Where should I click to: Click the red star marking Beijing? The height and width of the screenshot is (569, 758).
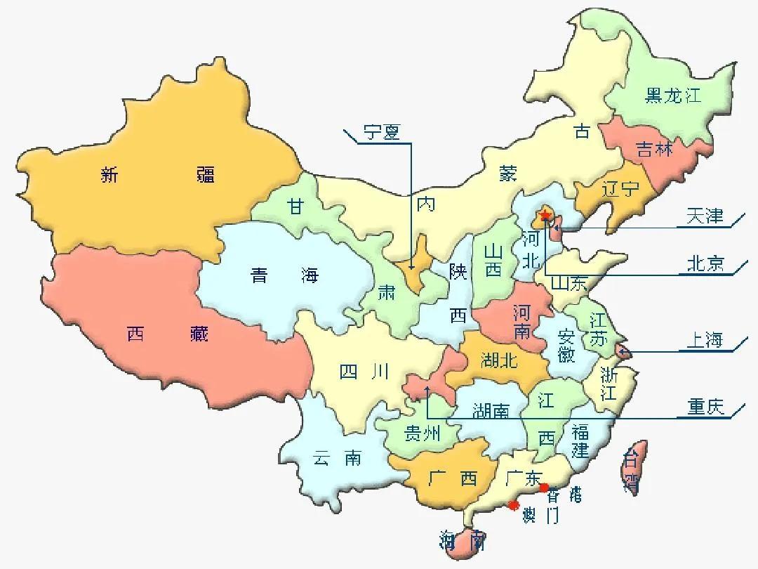pyautogui.click(x=545, y=215)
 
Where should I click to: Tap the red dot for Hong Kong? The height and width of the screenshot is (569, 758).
pyautogui.click(x=543, y=488)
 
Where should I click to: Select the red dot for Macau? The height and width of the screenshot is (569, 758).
pyautogui.click(x=514, y=505)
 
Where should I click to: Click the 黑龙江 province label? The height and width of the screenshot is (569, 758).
pyautogui.click(x=673, y=96)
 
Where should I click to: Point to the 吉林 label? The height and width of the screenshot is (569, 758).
pyautogui.click(x=654, y=149)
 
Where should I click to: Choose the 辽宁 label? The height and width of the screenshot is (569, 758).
pyautogui.click(x=620, y=188)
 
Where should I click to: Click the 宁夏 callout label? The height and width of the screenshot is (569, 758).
pyautogui.click(x=382, y=132)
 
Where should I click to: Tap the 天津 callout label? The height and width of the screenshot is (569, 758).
pyautogui.click(x=705, y=216)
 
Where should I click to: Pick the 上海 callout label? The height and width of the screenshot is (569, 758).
pyautogui.click(x=704, y=341)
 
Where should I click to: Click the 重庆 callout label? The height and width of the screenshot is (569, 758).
pyautogui.click(x=705, y=407)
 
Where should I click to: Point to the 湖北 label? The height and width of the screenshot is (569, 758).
pyautogui.click(x=499, y=361)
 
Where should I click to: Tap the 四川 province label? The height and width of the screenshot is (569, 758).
pyautogui.click(x=364, y=372)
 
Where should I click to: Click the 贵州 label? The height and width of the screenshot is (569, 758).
pyautogui.click(x=421, y=434)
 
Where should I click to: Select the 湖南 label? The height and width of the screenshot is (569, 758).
pyautogui.click(x=491, y=410)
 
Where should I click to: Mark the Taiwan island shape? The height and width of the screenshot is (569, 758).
pyautogui.click(x=632, y=467)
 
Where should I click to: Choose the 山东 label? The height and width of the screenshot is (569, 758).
pyautogui.click(x=568, y=284)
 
